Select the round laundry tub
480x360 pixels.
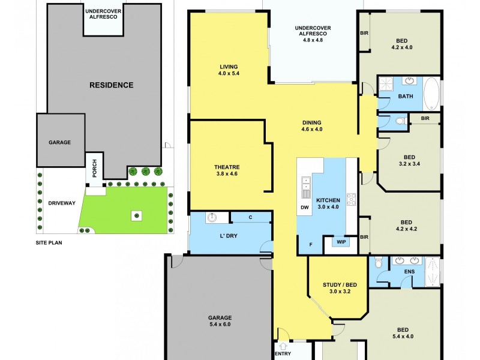(212, 218)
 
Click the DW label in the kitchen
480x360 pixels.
(304, 208)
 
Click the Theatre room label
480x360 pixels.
(227, 167)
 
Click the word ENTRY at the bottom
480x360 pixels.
(283, 354)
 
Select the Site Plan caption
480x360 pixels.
(49, 243)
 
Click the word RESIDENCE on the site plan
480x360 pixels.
(111, 85)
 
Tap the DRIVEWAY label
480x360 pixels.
(62, 203)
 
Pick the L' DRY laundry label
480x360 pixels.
(229, 236)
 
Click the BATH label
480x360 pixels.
(405, 97)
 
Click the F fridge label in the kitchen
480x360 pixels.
(311, 244)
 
